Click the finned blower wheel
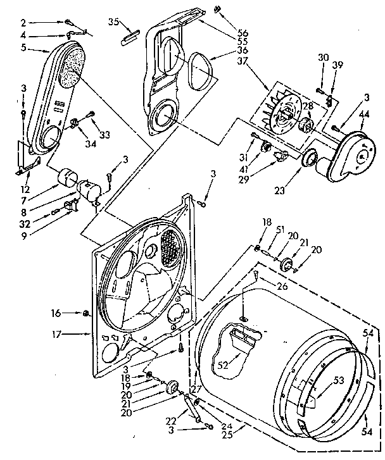point(288,115)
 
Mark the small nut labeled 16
point(85,312)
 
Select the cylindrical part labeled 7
point(65,176)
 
